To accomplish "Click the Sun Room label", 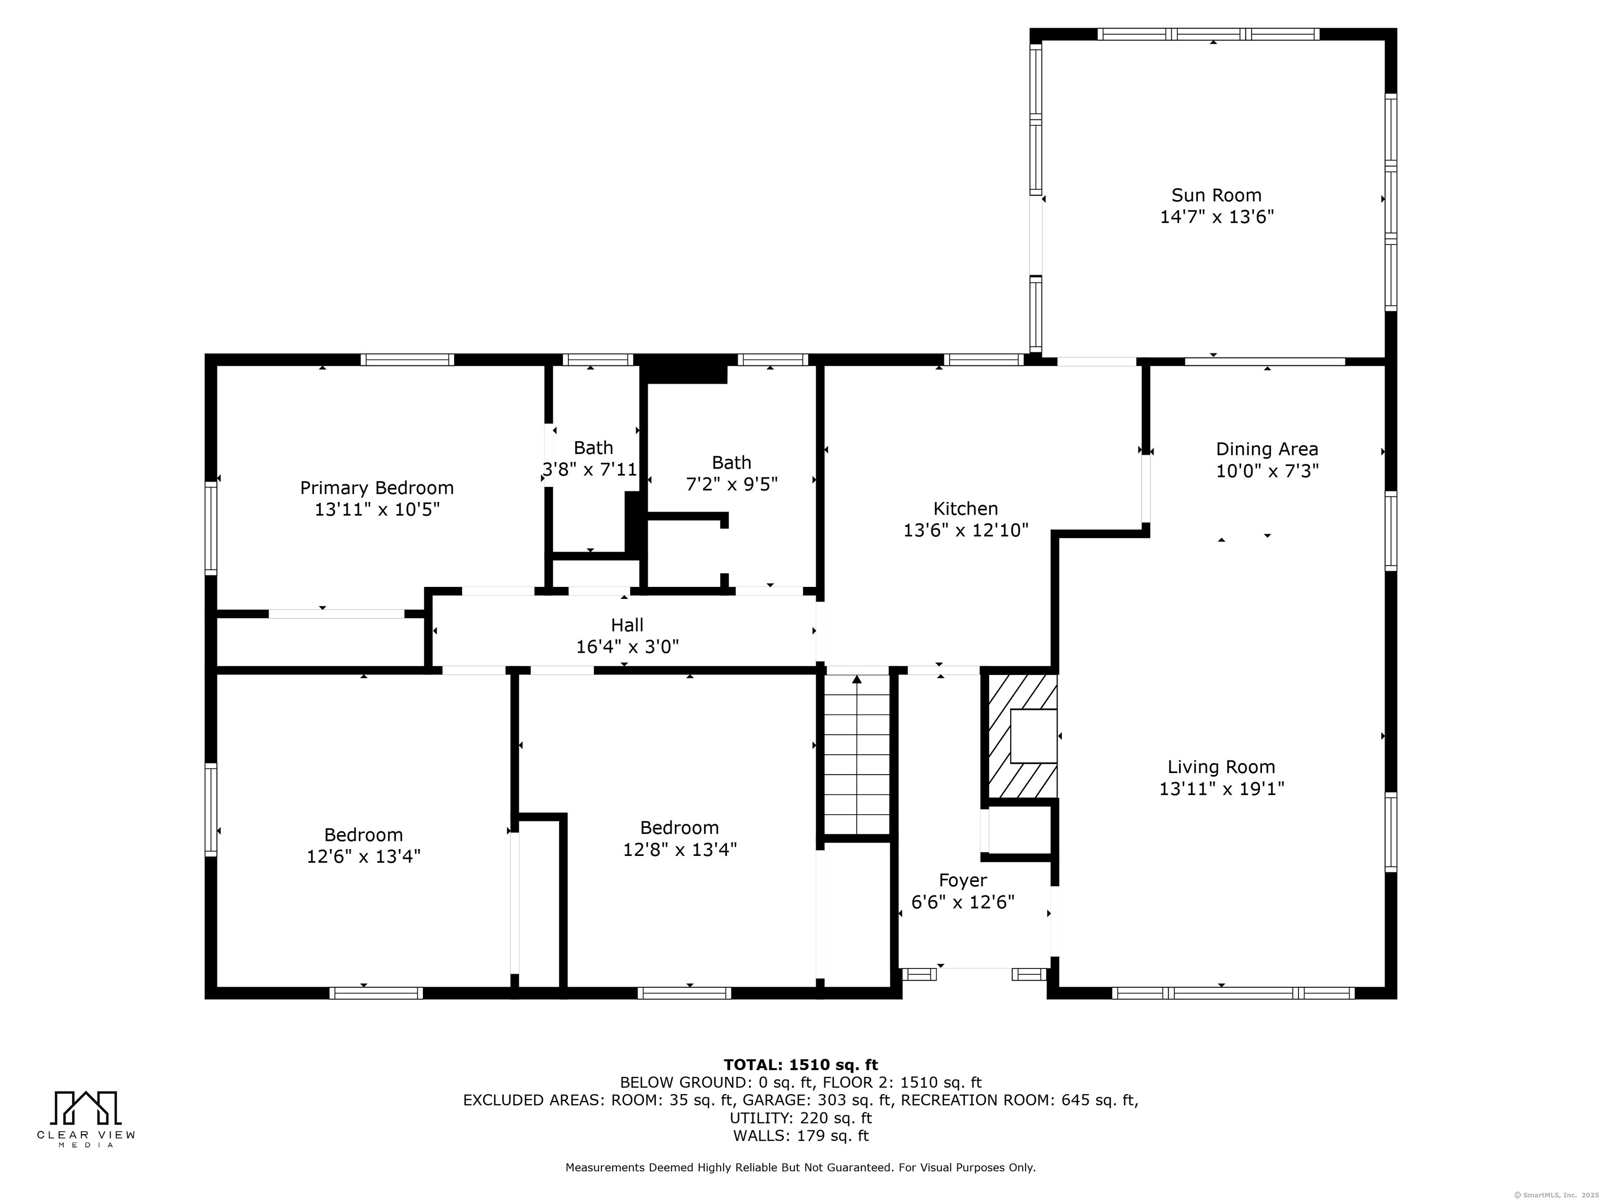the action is (1216, 195).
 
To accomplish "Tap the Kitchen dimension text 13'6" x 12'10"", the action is (965, 531).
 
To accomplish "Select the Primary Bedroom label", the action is (377, 488).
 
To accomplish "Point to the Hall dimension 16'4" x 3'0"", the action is (627, 646).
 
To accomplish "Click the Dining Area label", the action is (1267, 449).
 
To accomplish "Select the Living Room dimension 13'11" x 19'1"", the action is (1222, 788).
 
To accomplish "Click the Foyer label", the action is (963, 880).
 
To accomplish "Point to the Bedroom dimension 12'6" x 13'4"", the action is (363, 856).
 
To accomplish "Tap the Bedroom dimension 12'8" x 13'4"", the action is (680, 849).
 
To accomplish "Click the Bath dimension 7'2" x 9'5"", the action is (732, 484).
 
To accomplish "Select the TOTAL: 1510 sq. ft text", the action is (800, 1065).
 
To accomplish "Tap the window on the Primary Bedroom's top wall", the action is (408, 360).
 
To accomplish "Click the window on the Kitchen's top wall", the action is (984, 360).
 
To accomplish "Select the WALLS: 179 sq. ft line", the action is (800, 1136).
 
